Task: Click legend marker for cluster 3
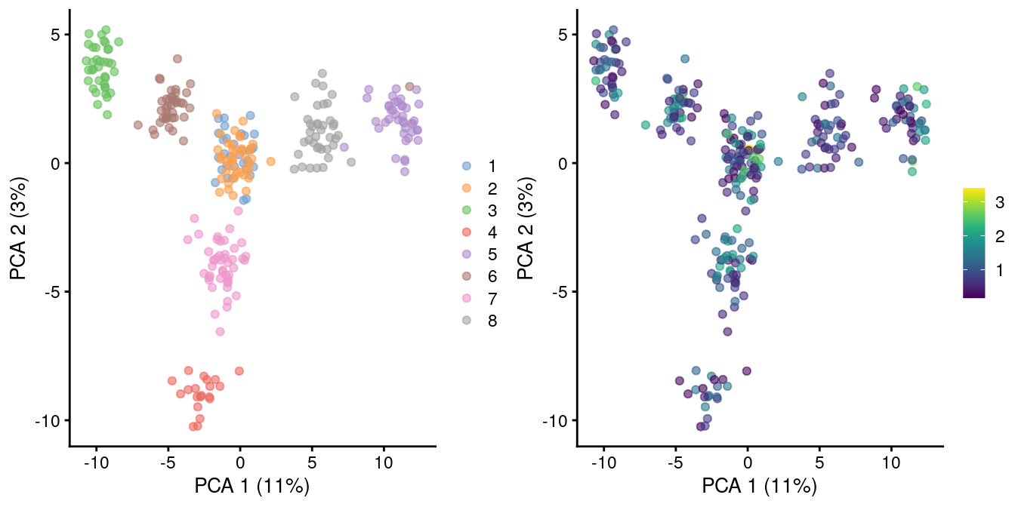(467, 210)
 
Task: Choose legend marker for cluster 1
(467, 165)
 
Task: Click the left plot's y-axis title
(20, 227)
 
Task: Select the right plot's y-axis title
(527, 227)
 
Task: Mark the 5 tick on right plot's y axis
(563, 35)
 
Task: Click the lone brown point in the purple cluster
(409, 87)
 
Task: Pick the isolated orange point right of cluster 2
(271, 161)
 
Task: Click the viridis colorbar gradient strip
(974, 242)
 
